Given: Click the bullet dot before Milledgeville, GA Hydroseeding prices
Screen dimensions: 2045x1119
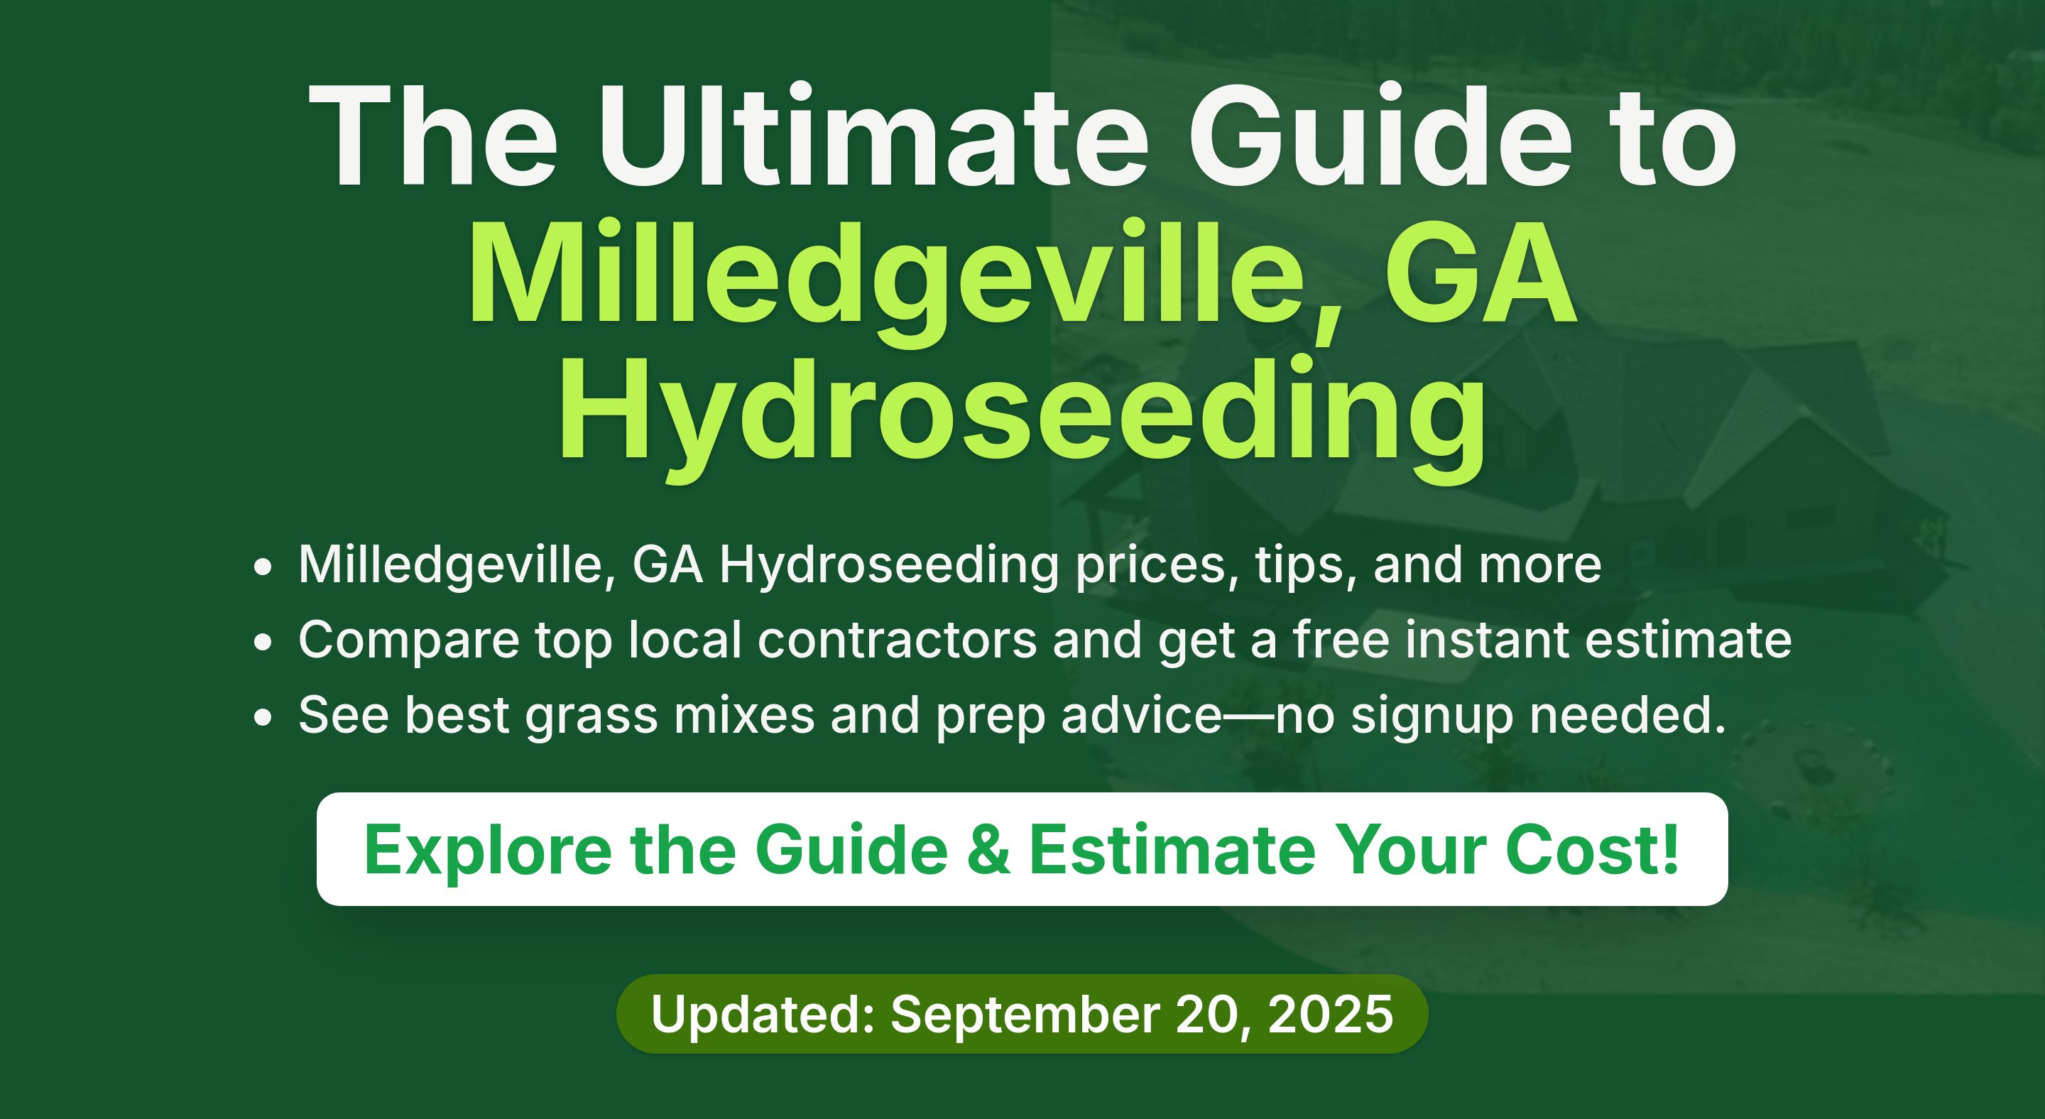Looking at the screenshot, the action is tap(263, 567).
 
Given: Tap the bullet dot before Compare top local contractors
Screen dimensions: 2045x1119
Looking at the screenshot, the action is tap(263, 643).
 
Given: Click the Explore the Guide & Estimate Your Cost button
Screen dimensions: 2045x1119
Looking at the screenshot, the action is tap(1022, 849).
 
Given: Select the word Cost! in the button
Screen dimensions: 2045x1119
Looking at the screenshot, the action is tap(1593, 849).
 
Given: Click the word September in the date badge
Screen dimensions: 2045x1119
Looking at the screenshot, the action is tap(1025, 1016).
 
